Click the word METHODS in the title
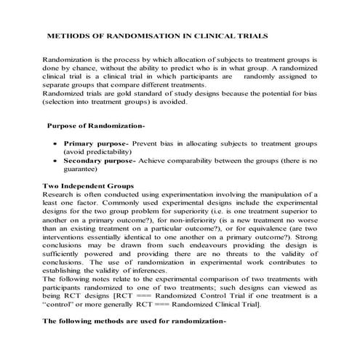coord(70,33)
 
